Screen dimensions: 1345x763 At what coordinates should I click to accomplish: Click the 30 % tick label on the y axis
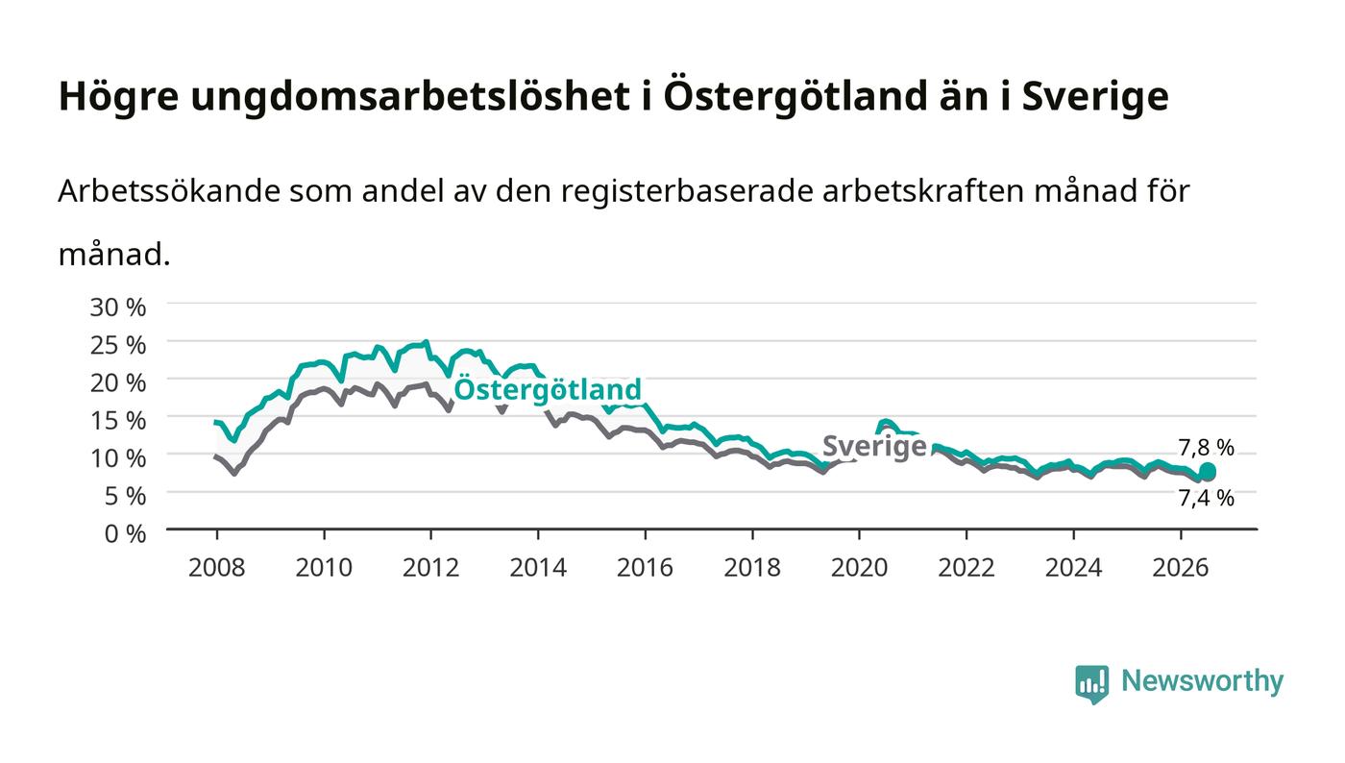pyautogui.click(x=117, y=307)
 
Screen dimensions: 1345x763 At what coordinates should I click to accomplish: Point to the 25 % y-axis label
pyautogui.click(x=117, y=345)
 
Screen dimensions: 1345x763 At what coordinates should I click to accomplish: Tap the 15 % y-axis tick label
pyautogui.click(x=117, y=421)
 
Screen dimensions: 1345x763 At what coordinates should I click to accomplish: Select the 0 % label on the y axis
pyautogui.click(x=125, y=533)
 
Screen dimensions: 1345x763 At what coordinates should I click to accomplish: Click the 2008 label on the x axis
pyautogui.click(x=217, y=568)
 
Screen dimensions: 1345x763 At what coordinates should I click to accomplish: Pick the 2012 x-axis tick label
pyautogui.click(x=430, y=568)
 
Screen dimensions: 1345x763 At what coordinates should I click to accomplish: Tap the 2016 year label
pyautogui.click(x=645, y=568)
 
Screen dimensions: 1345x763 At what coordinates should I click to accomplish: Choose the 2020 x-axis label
pyautogui.click(x=859, y=568)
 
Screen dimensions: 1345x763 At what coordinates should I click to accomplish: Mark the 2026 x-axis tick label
pyautogui.click(x=1181, y=568)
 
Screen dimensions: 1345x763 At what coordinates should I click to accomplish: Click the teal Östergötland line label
pyautogui.click(x=548, y=389)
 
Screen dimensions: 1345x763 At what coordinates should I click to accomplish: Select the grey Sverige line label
pyautogui.click(x=874, y=447)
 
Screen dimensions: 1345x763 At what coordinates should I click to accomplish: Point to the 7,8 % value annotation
pyautogui.click(x=1206, y=448)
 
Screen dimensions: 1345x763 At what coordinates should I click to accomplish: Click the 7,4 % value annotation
pyautogui.click(x=1206, y=498)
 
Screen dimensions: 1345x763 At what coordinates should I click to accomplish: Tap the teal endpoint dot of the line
pyautogui.click(x=1208, y=471)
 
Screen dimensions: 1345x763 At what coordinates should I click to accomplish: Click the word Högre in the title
pyautogui.click(x=119, y=97)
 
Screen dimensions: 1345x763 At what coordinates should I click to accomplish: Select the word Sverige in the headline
pyautogui.click(x=1095, y=97)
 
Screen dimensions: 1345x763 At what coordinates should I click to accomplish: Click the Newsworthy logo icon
pyautogui.click(x=1091, y=684)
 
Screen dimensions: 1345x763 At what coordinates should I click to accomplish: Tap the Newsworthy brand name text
pyautogui.click(x=1202, y=681)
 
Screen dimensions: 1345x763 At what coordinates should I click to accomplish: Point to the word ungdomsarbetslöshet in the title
pyautogui.click(x=410, y=97)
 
